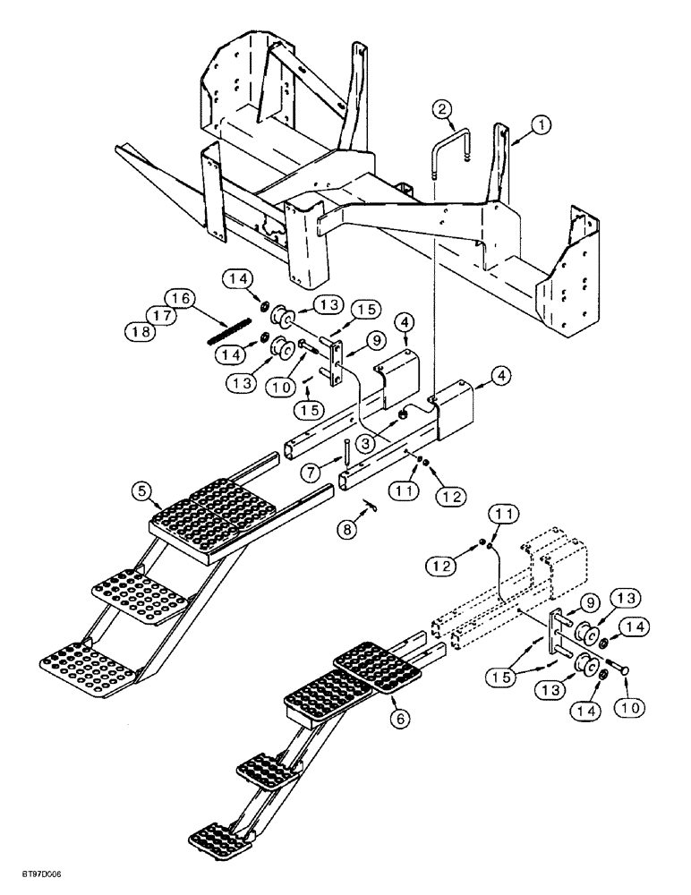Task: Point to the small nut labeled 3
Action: (x=404, y=413)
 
